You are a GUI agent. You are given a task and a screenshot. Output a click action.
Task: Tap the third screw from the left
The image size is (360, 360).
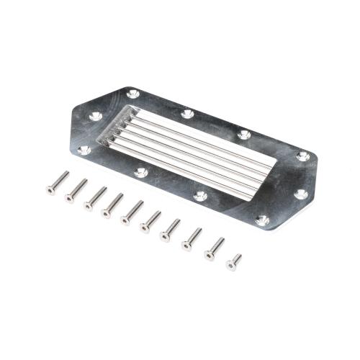click(94, 198)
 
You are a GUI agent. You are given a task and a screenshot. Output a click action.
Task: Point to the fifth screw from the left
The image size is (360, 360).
click(132, 210)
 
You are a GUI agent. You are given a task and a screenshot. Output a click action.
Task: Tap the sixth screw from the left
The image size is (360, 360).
click(150, 220)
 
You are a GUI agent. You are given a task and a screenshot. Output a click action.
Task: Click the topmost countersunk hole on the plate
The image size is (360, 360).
click(133, 94)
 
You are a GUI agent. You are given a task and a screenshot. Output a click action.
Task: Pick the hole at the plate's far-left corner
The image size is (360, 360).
click(84, 150)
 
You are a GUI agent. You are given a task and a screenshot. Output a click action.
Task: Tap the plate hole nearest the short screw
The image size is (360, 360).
click(263, 220)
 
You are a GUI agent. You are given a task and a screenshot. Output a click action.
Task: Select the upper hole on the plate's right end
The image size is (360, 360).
click(303, 156)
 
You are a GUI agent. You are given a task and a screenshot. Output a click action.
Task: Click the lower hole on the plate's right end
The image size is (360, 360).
click(301, 194)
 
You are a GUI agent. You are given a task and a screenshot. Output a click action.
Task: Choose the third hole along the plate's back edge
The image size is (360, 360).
click(244, 134)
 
